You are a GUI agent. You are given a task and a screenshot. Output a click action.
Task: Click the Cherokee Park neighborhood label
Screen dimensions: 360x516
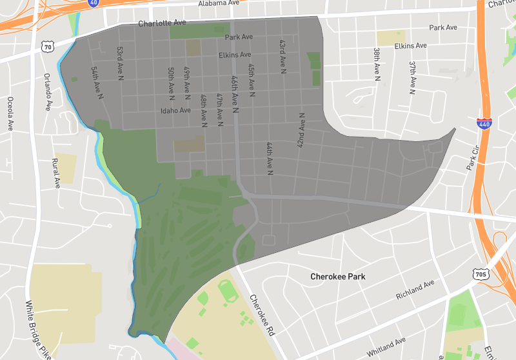tap(337, 277)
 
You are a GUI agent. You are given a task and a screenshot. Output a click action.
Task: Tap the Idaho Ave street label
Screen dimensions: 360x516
tap(176, 110)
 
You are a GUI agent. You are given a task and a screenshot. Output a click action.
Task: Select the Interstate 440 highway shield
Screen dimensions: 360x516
tap(482, 124)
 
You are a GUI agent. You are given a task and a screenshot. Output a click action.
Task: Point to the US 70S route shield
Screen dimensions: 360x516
tap(481, 274)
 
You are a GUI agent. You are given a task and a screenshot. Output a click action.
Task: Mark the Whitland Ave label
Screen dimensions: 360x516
tap(386, 346)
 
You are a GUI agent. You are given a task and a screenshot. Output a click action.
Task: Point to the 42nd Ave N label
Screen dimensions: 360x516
tap(301, 131)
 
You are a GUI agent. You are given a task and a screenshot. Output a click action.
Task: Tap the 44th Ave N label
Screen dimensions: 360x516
tap(269, 158)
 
